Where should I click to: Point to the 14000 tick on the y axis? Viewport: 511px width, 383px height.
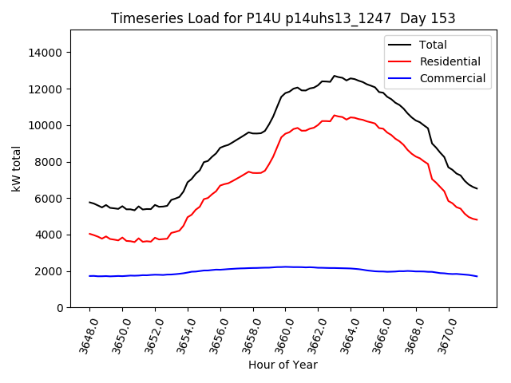[46, 53]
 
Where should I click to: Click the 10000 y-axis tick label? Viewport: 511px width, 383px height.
[46, 125]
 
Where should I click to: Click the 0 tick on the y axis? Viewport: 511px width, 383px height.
[60, 308]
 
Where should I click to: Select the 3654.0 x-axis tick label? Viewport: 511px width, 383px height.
[183, 333]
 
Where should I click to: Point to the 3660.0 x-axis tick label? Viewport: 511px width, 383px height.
[281, 333]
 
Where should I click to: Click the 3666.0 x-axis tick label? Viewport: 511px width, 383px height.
[379, 333]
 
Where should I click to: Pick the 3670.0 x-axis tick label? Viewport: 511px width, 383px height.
[444, 333]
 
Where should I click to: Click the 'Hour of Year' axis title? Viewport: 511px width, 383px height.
[283, 365]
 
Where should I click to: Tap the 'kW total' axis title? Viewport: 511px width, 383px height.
[16, 169]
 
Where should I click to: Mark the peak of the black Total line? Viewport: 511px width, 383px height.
[335, 76]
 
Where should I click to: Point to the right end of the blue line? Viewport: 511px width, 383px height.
[477, 276]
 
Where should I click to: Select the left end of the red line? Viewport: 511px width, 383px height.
[89, 234]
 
